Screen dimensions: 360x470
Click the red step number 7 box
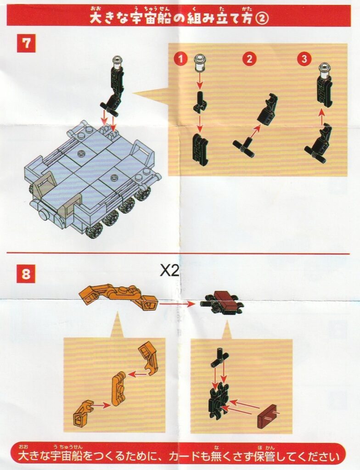26,44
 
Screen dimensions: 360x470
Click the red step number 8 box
26,274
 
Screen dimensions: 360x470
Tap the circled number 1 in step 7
180,59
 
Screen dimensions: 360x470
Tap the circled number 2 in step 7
249,59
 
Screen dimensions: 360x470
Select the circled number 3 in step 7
304,59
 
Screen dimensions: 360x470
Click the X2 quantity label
169,271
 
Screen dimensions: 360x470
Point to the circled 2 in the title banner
262,19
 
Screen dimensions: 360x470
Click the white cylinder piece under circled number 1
199,63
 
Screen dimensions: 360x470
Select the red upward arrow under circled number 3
321,117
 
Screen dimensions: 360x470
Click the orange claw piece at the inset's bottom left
81,414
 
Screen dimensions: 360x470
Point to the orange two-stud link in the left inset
118,390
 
